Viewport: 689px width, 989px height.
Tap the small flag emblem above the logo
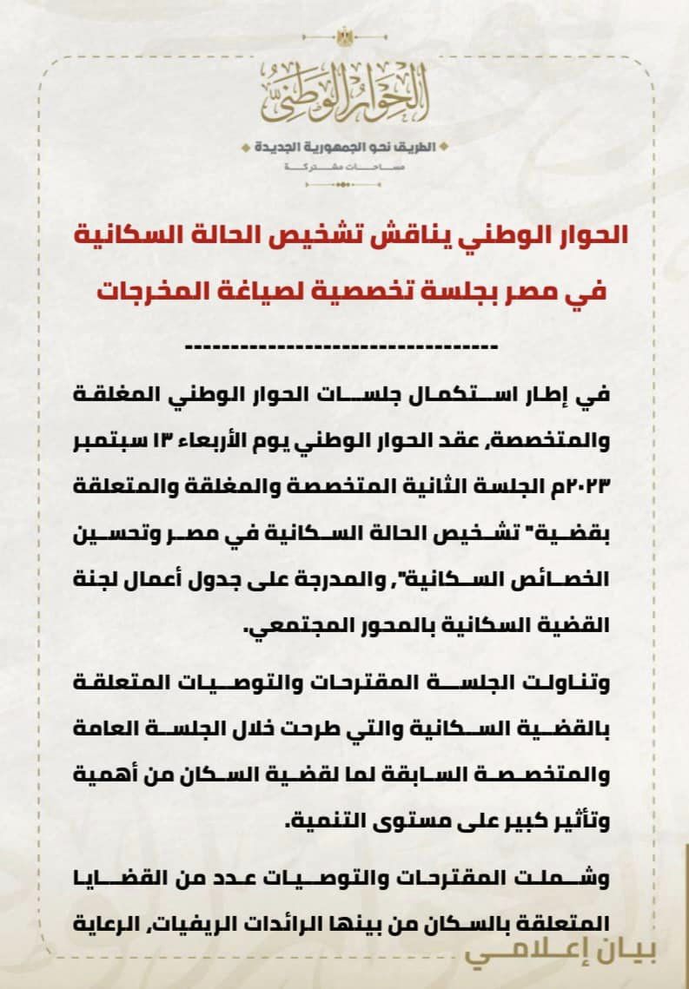[x=345, y=37]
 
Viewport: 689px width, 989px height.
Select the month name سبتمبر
[x=108, y=439]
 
